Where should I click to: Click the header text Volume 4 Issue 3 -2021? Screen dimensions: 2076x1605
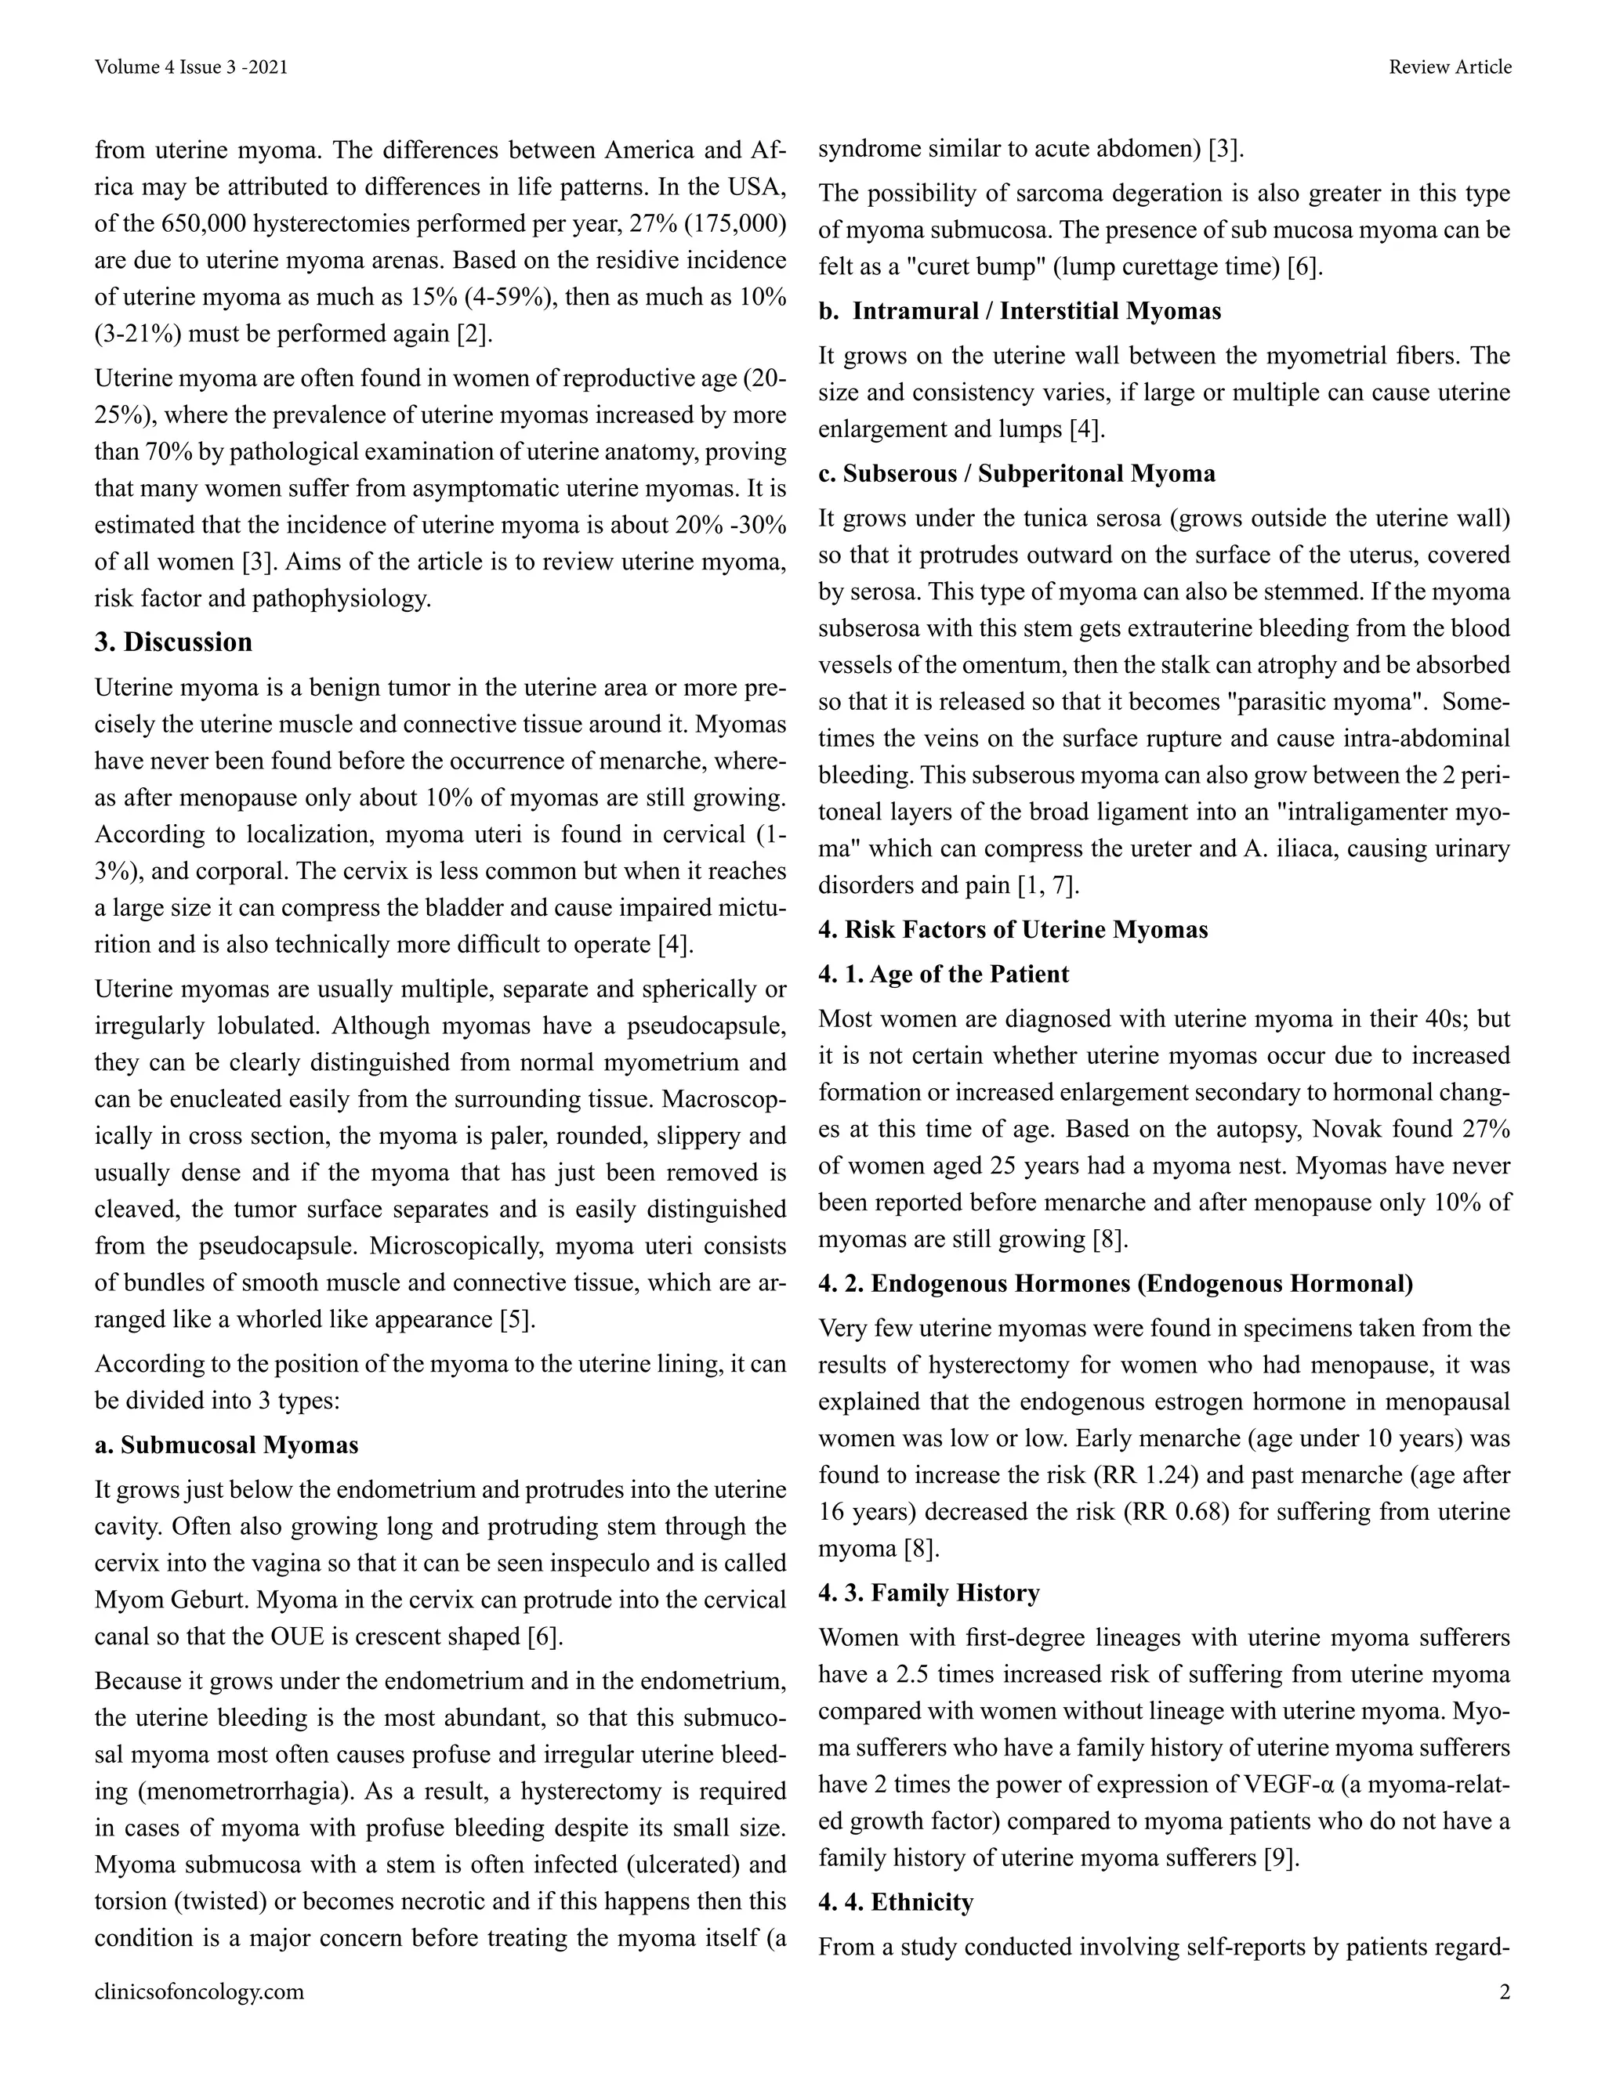(191, 67)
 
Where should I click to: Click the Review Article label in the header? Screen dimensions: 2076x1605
(1449, 67)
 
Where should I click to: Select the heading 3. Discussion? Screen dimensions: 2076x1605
(173, 642)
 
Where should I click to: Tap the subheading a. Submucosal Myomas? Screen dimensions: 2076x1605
(226, 1445)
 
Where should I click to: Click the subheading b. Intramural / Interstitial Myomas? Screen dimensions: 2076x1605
(1020, 311)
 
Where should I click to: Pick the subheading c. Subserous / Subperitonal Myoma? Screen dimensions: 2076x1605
(1016, 473)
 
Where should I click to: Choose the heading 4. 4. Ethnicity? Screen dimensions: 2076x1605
(896, 1902)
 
